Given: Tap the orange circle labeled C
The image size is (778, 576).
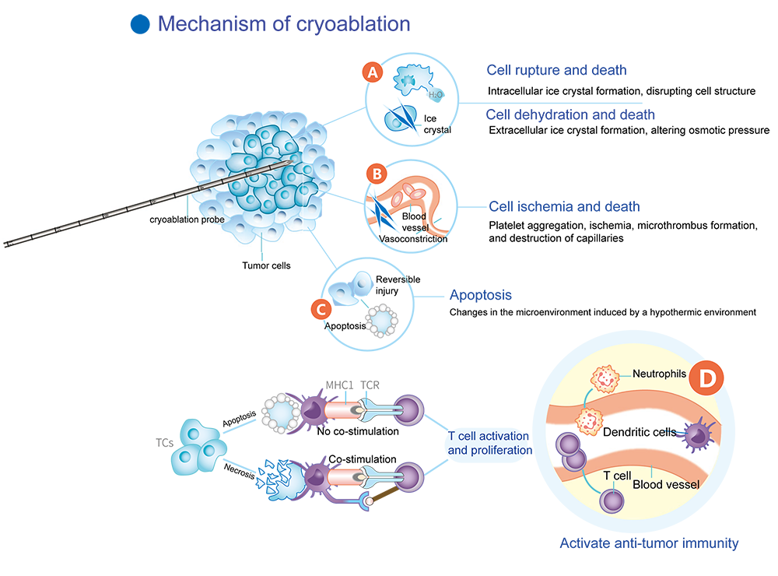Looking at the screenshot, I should point(319,308).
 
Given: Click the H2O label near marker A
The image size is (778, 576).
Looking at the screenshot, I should point(436,95).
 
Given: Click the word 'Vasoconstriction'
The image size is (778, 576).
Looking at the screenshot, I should point(412,239).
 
